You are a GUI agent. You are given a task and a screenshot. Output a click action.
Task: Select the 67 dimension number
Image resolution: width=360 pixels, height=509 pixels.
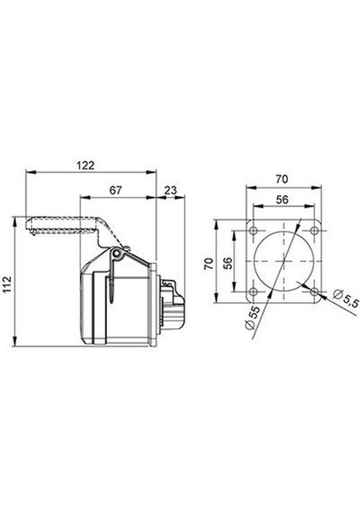point(117,192)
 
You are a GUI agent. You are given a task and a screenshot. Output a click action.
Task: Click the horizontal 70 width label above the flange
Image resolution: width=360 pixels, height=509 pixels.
point(284,181)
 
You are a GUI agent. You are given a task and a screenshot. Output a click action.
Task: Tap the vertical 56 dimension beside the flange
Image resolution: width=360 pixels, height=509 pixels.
point(227,264)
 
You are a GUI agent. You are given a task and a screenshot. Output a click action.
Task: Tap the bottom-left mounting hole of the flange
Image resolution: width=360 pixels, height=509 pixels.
point(254,293)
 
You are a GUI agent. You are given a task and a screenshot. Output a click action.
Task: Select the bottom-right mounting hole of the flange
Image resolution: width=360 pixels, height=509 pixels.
point(314,293)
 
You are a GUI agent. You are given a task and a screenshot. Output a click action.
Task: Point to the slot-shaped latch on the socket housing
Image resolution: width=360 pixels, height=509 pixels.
point(111,288)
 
